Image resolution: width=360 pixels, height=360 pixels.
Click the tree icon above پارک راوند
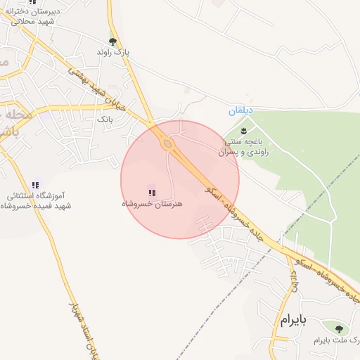[x=112, y=41]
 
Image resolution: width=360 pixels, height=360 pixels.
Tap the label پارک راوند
[x=113, y=53]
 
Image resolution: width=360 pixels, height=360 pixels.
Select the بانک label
[x=105, y=120]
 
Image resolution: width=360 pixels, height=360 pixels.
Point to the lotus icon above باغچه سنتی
[x=244, y=131]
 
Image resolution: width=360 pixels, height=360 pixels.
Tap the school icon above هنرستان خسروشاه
[x=152, y=192]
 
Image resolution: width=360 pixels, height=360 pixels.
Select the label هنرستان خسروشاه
[x=152, y=203]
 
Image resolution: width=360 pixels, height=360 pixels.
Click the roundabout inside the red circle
[x=167, y=144]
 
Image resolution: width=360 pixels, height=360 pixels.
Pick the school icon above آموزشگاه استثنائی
[x=35, y=184]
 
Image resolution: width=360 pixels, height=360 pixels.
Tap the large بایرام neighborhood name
[x=295, y=321]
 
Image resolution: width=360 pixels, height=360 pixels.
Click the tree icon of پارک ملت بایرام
[x=339, y=329]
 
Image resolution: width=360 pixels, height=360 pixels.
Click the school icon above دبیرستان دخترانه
[x=32, y=2]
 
